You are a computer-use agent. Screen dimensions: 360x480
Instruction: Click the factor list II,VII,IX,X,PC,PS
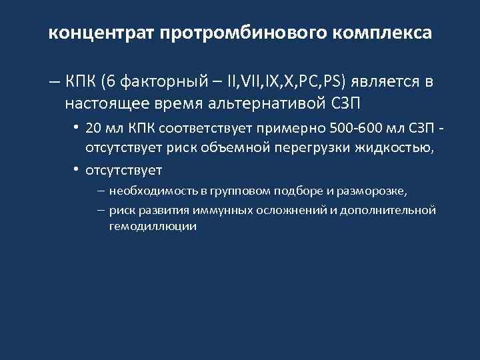(286, 82)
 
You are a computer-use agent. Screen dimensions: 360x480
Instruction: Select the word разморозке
(375, 192)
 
